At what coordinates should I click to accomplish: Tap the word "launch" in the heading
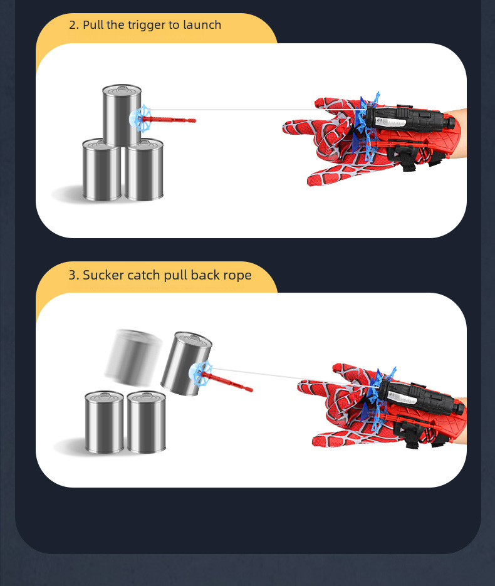202,24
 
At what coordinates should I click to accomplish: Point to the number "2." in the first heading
74,25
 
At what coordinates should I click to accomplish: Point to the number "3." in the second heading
73,275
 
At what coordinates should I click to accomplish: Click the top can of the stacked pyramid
122,115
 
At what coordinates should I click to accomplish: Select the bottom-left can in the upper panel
102,170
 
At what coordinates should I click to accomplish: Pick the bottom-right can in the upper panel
144,170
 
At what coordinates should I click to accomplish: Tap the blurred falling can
133,357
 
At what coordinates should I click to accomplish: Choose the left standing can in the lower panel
104,422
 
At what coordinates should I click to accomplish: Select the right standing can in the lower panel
146,422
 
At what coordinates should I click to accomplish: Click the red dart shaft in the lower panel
231,382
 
